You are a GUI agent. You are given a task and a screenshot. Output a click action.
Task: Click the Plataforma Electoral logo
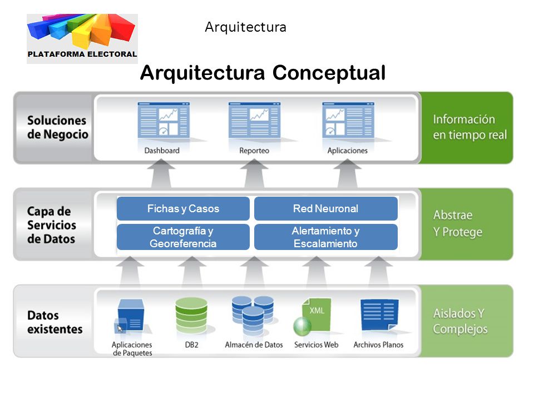pyautogui.click(x=82, y=38)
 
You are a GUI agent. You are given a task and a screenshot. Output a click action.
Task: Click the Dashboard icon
pyautogui.click(x=164, y=120)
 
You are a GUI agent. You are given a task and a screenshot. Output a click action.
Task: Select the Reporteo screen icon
pyautogui.click(x=254, y=120)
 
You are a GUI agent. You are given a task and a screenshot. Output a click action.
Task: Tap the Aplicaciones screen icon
pyautogui.click(x=348, y=120)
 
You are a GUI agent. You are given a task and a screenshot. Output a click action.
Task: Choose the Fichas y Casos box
pyautogui.click(x=183, y=208)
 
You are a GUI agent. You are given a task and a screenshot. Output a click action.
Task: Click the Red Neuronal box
pyautogui.click(x=326, y=208)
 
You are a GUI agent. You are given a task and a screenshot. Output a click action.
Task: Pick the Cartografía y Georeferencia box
pyautogui.click(x=183, y=237)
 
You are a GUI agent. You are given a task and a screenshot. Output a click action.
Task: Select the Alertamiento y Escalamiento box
pyautogui.click(x=326, y=237)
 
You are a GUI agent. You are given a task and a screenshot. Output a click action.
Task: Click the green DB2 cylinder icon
pyautogui.click(x=191, y=316)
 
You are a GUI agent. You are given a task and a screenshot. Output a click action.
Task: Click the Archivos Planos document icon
pyautogui.click(x=379, y=315)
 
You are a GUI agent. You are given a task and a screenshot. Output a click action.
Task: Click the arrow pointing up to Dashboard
pyautogui.click(x=161, y=173)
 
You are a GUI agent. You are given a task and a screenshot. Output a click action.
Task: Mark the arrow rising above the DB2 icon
pyautogui.click(x=192, y=271)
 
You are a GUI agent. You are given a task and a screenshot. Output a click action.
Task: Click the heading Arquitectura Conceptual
pyautogui.click(x=263, y=73)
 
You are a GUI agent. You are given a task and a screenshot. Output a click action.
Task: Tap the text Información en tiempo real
pyautogui.click(x=469, y=127)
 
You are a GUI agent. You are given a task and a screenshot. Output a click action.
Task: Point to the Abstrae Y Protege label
pyautogui.click(x=458, y=223)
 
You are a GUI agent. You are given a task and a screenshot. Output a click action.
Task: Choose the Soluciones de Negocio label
pyautogui.click(x=57, y=127)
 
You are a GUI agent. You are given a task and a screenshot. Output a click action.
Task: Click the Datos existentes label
pyautogui.click(x=55, y=322)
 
